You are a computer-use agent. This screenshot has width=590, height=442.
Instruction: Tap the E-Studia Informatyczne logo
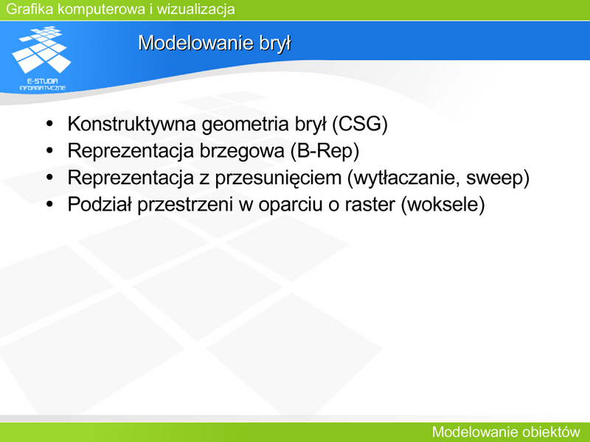click(x=41, y=58)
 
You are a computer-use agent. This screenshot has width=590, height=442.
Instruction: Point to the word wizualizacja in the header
click(x=195, y=9)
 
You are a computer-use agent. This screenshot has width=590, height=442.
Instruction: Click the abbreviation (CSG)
click(x=360, y=124)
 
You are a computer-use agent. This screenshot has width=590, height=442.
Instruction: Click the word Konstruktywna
click(x=132, y=124)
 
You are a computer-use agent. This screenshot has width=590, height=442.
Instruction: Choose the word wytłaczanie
click(x=403, y=178)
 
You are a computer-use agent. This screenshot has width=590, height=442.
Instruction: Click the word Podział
click(x=100, y=205)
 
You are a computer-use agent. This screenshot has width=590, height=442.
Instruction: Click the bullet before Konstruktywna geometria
click(x=49, y=124)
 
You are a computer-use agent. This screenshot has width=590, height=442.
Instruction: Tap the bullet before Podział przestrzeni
click(x=49, y=204)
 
